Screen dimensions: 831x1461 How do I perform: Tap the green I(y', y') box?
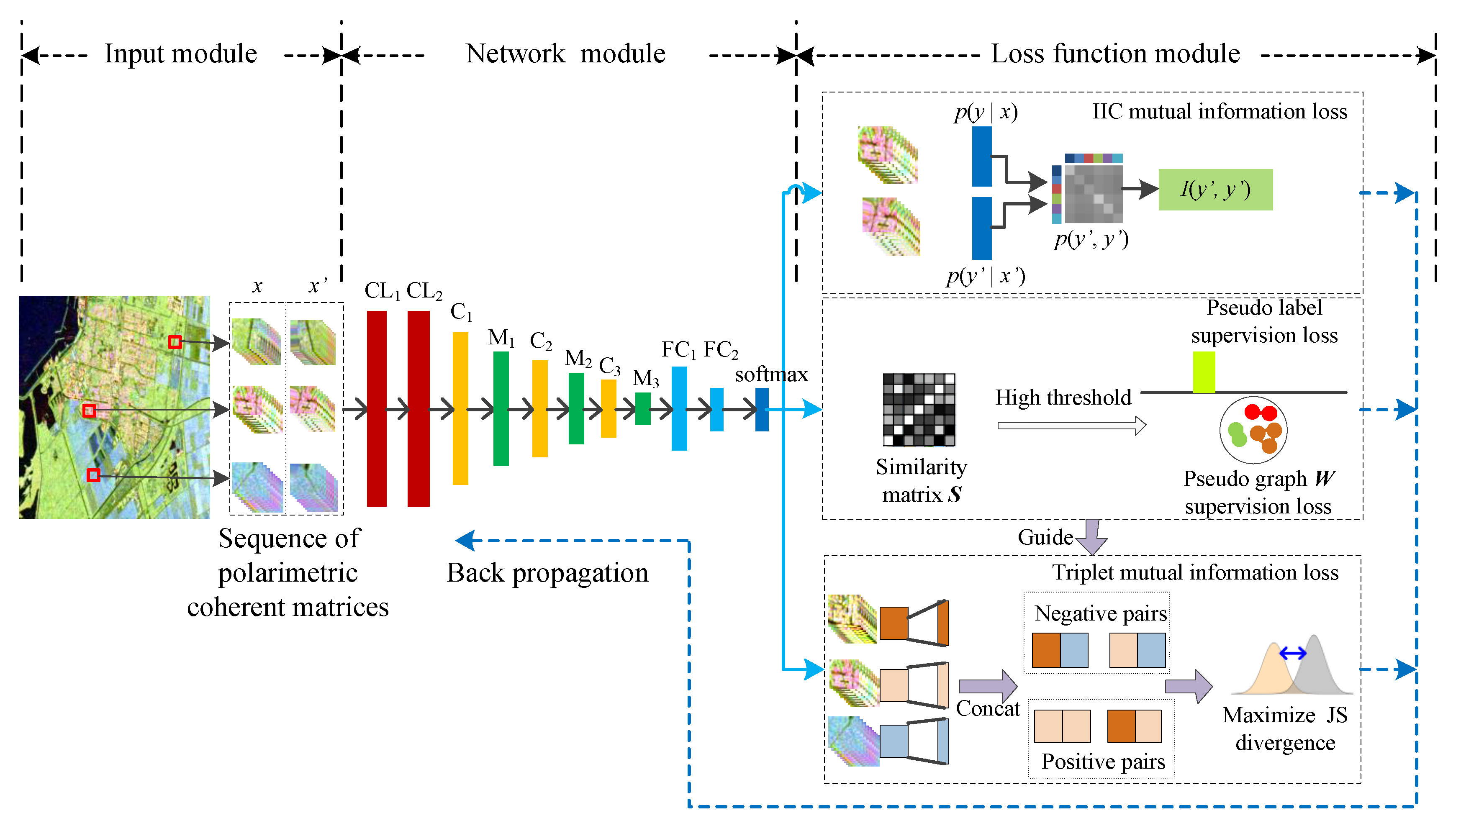point(1215,190)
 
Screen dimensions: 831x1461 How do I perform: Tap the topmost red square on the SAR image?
point(175,342)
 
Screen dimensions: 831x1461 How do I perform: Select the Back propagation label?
point(547,572)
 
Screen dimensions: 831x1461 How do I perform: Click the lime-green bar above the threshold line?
point(1204,372)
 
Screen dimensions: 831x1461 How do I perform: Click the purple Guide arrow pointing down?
point(1092,536)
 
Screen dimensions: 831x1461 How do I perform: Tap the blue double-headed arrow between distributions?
point(1293,653)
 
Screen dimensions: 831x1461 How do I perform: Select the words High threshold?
point(1063,397)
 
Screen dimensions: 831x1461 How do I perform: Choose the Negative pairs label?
point(1100,613)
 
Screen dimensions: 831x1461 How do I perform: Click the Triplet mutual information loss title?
point(1195,572)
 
